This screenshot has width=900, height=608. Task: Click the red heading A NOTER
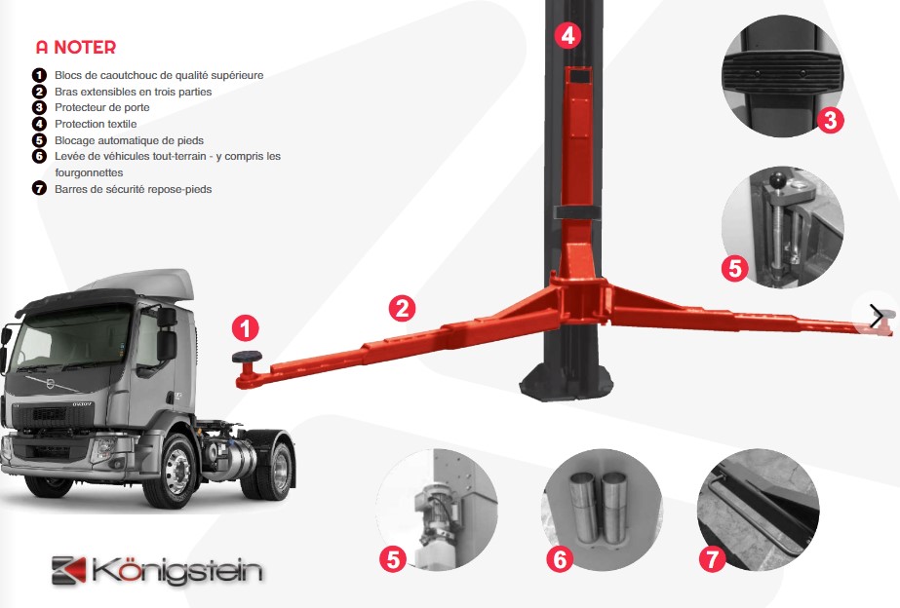pos(76,47)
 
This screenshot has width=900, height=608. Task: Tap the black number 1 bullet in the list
pos(39,75)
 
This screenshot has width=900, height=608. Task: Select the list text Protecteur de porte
pos(102,107)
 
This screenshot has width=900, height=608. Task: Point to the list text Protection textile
pos(96,124)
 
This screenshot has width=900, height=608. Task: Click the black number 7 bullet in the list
pos(39,188)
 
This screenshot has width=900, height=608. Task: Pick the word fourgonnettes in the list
pos(89,172)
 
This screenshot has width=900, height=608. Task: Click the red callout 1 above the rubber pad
pos(245,328)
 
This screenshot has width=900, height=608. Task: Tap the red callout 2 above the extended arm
pos(402,309)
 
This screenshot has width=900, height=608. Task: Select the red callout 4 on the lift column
pos(567,35)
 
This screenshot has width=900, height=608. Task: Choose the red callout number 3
pos(830,121)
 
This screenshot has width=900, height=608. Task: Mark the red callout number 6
pos(560,558)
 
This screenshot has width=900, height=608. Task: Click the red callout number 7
pos(712,558)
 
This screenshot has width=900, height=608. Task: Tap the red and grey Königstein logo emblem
pos(69,570)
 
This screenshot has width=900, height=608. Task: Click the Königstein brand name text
pos(176,571)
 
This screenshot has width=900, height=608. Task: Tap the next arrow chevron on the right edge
pos(877,316)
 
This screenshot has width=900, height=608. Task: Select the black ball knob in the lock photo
pos(776,180)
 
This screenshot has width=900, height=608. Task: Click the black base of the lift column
pos(566,380)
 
